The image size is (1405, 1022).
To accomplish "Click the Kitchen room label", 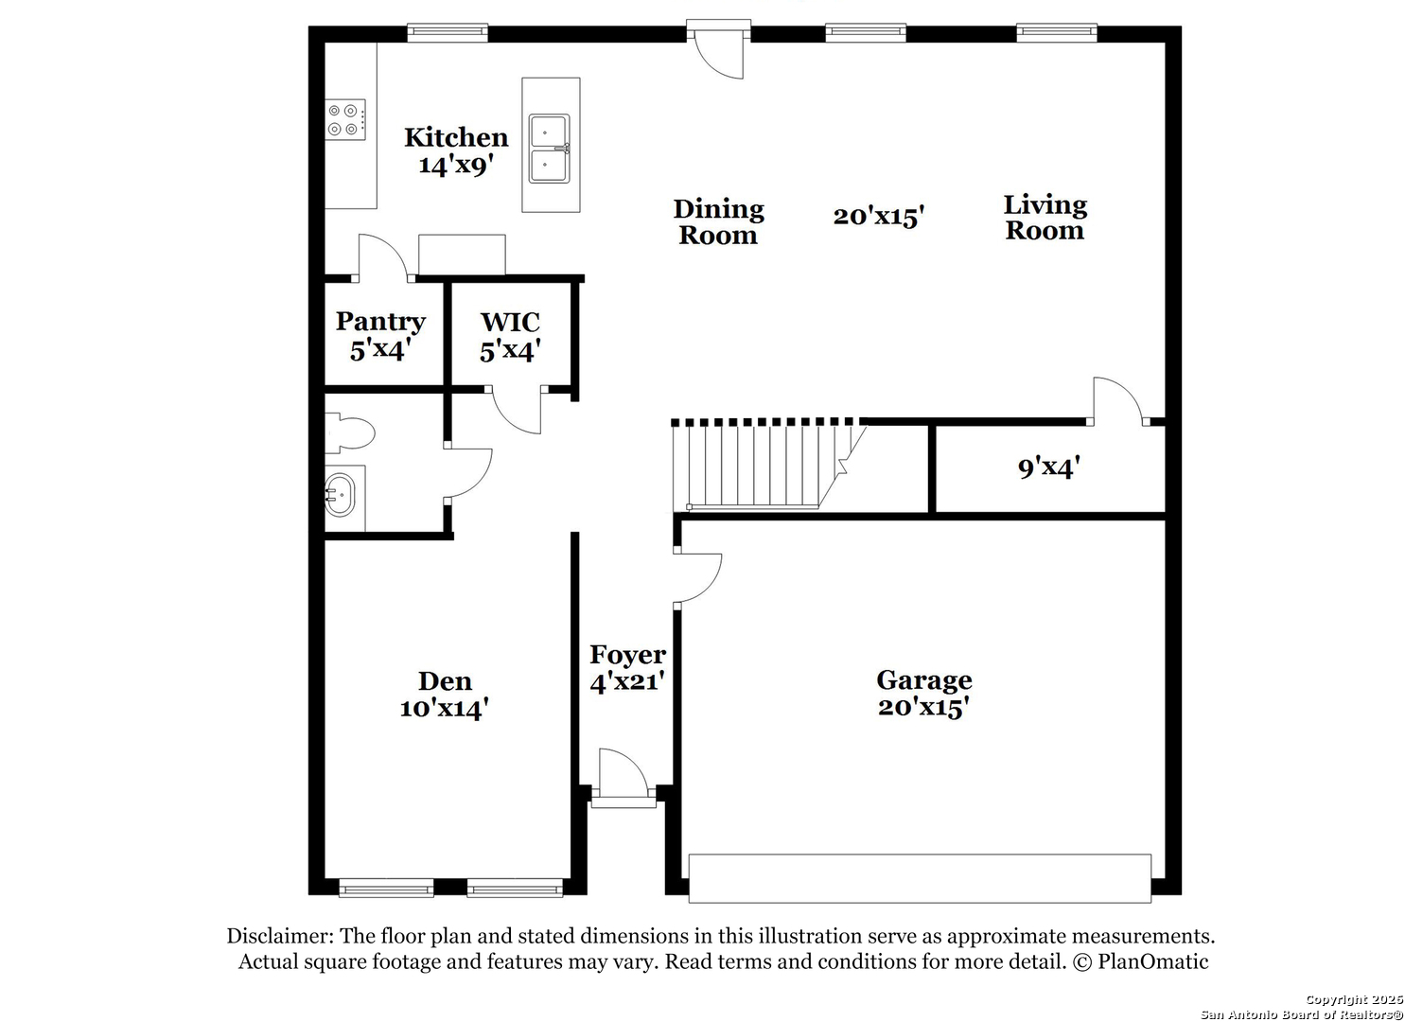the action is [x=456, y=137].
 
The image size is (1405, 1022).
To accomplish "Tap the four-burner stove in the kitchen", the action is [x=345, y=120].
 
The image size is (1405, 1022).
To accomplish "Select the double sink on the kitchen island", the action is [x=549, y=149].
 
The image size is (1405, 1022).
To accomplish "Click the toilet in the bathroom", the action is [x=349, y=432].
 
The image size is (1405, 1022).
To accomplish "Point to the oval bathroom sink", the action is [x=340, y=494].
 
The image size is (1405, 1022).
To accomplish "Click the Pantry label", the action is [x=380, y=321].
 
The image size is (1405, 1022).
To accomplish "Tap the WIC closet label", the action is [x=510, y=323].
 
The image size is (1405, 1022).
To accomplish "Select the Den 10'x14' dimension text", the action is [x=444, y=709].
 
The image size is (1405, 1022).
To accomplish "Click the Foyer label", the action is [x=627, y=654].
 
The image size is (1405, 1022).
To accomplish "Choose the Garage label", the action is [x=924, y=680].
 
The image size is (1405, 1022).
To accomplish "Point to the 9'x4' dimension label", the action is [x=1048, y=467].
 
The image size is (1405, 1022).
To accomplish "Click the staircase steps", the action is [x=766, y=466].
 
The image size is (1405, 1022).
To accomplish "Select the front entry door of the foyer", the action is [x=623, y=777].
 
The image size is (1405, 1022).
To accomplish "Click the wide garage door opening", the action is [x=920, y=878].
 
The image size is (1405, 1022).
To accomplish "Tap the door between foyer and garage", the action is [x=697, y=578].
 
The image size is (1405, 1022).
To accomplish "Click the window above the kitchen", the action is [x=448, y=32].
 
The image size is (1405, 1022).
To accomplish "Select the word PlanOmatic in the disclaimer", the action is [x=1152, y=961].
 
